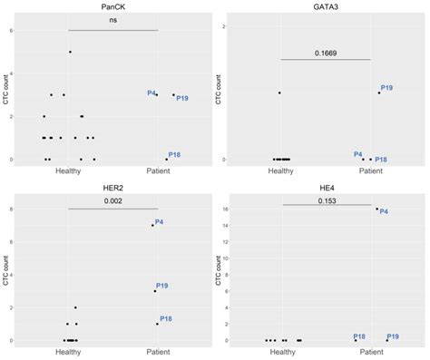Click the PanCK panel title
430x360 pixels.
click(112, 7)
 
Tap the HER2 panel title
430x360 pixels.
click(112, 188)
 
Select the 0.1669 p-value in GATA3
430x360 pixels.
click(326, 53)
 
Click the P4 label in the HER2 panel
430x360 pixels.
click(160, 222)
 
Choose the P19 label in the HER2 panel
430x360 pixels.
click(164, 286)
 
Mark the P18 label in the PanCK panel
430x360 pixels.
click(174, 155)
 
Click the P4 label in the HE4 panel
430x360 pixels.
click(384, 212)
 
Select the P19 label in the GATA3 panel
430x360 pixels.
click(386, 88)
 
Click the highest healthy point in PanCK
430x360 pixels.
click(70, 52)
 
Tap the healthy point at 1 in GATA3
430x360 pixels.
click(279, 92)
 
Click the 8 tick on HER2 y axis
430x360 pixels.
click(20, 209)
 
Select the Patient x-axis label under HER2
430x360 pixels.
click(157, 352)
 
